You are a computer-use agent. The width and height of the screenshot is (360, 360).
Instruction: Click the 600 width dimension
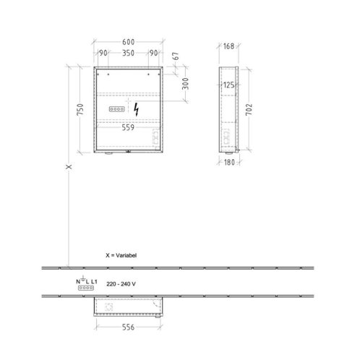[x=128, y=42]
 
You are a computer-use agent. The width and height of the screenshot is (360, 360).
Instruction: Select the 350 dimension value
[x=128, y=53]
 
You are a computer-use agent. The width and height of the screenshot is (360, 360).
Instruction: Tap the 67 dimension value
[x=176, y=56]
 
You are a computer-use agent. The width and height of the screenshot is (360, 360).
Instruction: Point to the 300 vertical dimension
[x=185, y=84]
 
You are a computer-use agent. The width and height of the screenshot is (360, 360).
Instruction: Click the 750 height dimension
[x=80, y=109]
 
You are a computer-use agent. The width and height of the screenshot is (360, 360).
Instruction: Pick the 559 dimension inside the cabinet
[x=128, y=127]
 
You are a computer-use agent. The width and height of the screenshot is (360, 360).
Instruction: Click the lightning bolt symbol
[x=137, y=109]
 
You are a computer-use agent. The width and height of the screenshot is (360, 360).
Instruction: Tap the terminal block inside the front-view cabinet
[x=117, y=109]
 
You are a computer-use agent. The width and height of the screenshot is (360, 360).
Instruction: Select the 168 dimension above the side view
[x=228, y=46]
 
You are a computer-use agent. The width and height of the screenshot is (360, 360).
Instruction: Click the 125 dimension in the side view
[x=228, y=85]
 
